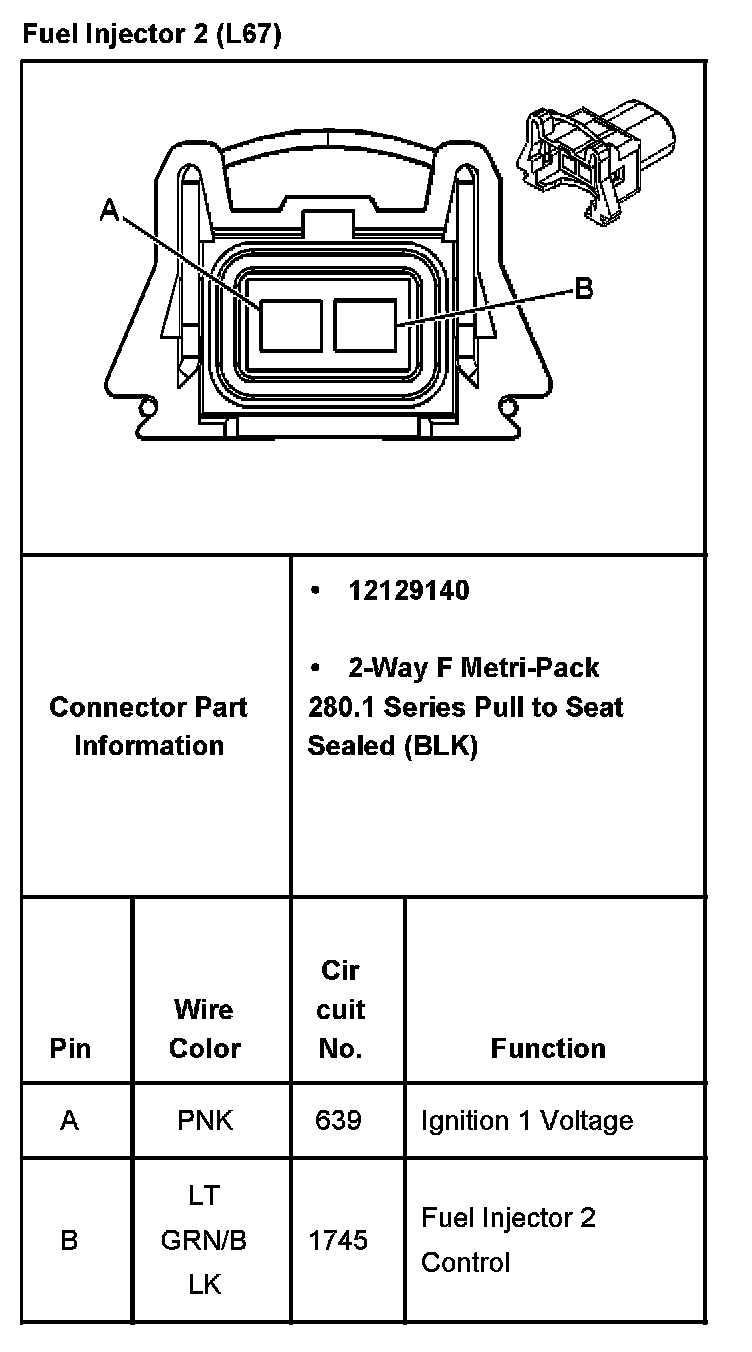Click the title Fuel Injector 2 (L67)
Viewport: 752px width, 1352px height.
(x=152, y=36)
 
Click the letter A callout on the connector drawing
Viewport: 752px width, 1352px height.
(x=110, y=209)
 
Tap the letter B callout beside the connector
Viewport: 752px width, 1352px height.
(x=584, y=289)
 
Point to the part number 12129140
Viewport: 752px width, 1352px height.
(x=408, y=591)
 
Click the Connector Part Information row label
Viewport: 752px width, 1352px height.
(x=148, y=726)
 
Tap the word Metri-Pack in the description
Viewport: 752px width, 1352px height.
(x=530, y=667)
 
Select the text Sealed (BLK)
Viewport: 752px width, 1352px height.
(x=392, y=746)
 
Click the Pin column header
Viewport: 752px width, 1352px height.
(x=70, y=1048)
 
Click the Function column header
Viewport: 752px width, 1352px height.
(x=548, y=1048)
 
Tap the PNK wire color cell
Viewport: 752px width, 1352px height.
(x=205, y=1120)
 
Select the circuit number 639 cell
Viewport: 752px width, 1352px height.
(x=338, y=1120)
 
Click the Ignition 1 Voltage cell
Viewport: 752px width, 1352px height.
(x=527, y=1120)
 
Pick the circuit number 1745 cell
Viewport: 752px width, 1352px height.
(x=338, y=1240)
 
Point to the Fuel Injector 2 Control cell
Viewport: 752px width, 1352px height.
(x=508, y=1240)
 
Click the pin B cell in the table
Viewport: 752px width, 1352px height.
(x=69, y=1240)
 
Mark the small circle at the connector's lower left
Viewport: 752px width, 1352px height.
(x=148, y=407)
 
